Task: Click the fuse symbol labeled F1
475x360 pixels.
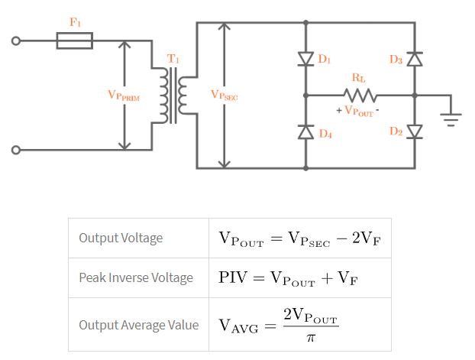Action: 75,40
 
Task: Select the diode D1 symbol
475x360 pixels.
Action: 306,59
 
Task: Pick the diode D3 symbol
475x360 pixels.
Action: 415,59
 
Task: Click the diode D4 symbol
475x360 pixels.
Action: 306,131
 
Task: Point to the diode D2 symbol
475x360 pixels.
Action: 415,131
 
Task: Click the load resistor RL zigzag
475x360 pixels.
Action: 359,96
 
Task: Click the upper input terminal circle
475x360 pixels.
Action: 15,41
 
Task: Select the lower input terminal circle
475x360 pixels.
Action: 15,151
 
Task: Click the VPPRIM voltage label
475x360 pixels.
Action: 124,96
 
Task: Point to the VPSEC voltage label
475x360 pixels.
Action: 225,96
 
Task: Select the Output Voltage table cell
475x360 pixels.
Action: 121,238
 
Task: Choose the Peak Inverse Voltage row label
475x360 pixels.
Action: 136,277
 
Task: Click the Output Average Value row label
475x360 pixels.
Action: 138,325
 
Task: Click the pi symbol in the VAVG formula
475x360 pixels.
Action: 310,337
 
